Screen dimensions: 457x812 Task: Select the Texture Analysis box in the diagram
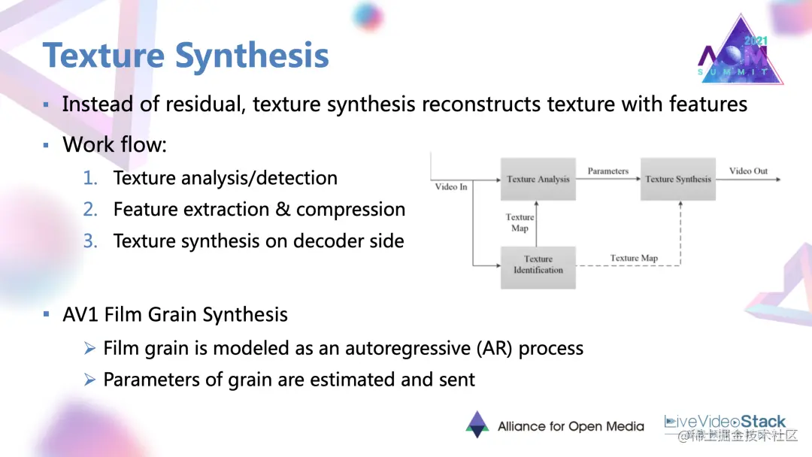538,179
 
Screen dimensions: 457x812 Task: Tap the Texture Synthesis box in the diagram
677,179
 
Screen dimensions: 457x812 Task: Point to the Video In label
451,186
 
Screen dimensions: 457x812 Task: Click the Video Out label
748,171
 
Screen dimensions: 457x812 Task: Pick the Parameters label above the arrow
607,171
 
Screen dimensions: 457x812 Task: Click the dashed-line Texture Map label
634,258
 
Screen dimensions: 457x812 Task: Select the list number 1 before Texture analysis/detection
90,178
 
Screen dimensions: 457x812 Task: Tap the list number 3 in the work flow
90,241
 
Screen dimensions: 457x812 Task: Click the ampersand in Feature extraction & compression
283,210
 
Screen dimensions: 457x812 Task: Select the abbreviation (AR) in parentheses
489,348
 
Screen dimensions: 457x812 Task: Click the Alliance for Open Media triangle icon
477,424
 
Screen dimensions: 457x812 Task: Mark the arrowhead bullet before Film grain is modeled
89,348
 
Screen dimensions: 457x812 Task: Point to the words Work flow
114,144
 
